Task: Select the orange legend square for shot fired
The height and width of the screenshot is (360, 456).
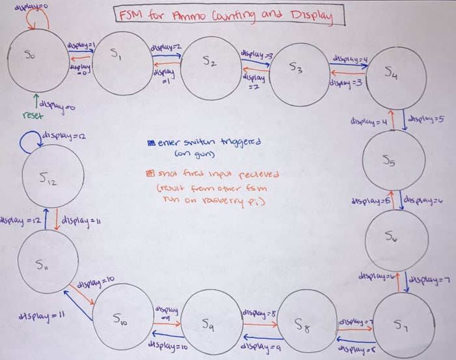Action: [151, 173]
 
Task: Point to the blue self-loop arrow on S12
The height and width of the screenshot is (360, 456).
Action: [29, 143]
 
